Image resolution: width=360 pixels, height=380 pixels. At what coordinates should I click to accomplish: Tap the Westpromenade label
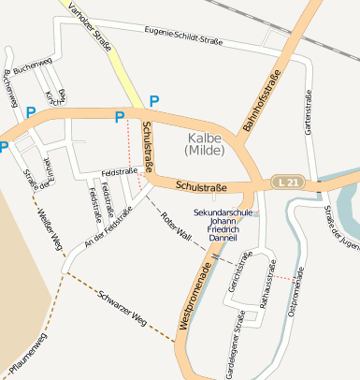(194, 290)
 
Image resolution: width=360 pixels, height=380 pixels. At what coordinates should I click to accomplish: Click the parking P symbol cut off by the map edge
(4, 146)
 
